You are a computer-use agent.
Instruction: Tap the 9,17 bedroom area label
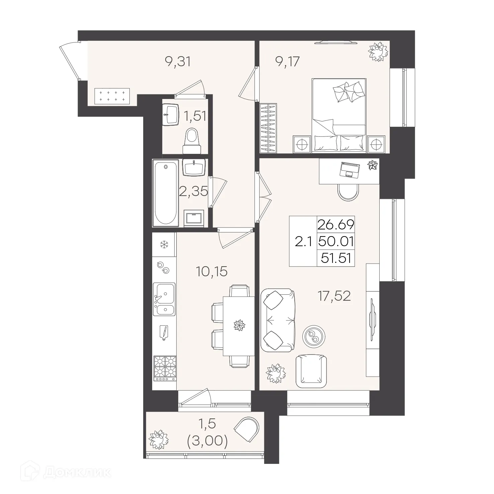pos(287,62)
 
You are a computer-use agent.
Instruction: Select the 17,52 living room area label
pos(334,296)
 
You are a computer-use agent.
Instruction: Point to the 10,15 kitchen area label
pos(212,271)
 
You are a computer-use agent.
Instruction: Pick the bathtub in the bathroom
pos(166,193)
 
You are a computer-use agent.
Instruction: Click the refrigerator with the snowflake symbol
pos(164,244)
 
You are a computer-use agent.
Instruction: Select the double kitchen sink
pos(164,299)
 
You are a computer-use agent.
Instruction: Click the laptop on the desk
pos(350,169)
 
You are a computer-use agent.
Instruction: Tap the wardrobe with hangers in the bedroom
pos(268,128)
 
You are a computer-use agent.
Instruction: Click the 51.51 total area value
pos(336,258)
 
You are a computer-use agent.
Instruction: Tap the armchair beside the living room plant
pos(311,372)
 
